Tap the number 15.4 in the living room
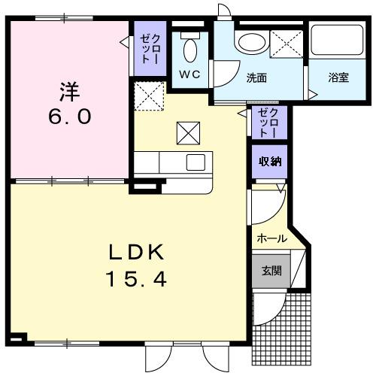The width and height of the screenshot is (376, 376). point(136,280)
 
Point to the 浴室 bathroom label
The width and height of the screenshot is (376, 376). point(338,77)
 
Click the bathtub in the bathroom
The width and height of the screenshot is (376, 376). point(338,44)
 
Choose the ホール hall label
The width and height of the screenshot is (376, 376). point(271,239)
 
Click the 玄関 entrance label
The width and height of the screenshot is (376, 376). point(271,271)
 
